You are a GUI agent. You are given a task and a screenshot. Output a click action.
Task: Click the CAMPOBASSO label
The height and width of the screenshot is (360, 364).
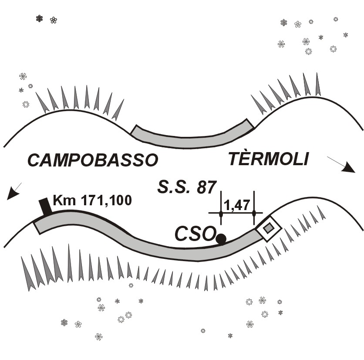pyautogui.click(x=92, y=160)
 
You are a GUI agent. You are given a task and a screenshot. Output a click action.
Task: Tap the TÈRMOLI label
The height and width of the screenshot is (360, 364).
pyautogui.click(x=268, y=160)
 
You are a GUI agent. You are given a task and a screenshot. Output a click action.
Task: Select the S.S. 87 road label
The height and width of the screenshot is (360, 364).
pyautogui.click(x=186, y=187)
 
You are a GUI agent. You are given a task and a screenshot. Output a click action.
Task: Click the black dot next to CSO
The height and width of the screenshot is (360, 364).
pyautogui.click(x=221, y=238)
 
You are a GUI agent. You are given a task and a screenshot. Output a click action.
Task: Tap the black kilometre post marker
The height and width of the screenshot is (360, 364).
pyautogui.click(x=45, y=207)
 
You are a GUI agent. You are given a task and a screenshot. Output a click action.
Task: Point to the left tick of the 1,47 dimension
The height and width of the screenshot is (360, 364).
pyautogui.click(x=221, y=214)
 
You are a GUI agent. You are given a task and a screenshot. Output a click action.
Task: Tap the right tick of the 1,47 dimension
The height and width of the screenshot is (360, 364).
pyautogui.click(x=254, y=214)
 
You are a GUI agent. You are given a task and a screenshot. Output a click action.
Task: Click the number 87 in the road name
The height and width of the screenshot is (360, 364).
pyautogui.click(x=206, y=187)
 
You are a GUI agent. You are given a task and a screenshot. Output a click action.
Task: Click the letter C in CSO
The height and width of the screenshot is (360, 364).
pyautogui.click(x=182, y=234)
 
